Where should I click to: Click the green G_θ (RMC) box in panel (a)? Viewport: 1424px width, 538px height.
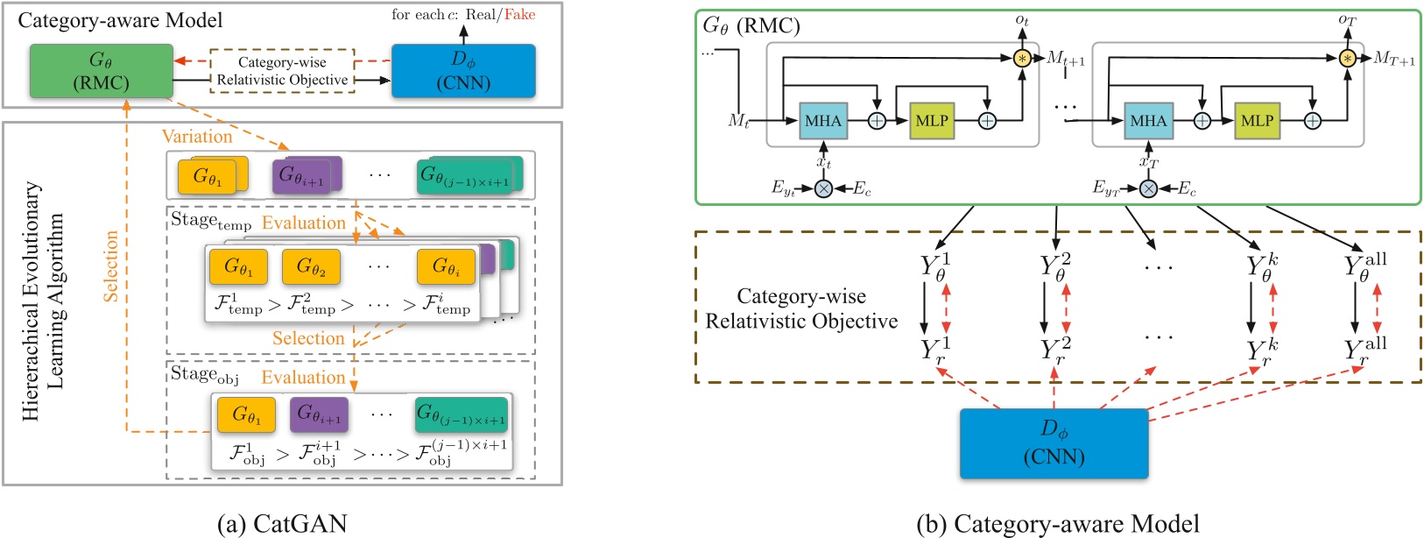pos(102,71)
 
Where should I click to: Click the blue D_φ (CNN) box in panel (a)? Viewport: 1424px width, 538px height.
pos(462,71)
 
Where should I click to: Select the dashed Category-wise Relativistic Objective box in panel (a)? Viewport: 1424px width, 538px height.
pos(282,71)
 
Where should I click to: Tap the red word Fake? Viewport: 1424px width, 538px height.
pos(519,15)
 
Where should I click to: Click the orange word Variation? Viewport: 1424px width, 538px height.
pos(197,137)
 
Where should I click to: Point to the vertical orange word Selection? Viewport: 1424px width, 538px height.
pos(111,266)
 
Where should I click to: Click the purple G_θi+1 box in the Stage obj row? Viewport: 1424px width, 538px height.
pos(319,414)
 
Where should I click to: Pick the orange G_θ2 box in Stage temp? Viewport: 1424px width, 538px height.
pos(311,266)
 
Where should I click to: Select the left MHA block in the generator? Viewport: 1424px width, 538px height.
pos(822,121)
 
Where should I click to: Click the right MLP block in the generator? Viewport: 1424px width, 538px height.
pos(1257,121)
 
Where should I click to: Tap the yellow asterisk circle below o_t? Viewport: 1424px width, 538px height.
pos(1022,59)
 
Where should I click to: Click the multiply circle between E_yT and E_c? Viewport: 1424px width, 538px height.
pos(1148,188)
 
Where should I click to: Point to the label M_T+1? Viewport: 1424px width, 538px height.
pos(1393,59)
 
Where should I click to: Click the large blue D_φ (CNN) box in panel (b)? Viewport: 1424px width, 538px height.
pos(1054,443)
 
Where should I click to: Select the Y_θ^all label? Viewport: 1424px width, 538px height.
pos(1364,265)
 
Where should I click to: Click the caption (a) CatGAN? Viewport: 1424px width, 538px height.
pos(282,523)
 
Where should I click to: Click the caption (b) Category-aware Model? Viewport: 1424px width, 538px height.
pos(1057,523)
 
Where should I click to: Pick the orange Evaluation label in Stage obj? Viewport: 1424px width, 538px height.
pos(303,378)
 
